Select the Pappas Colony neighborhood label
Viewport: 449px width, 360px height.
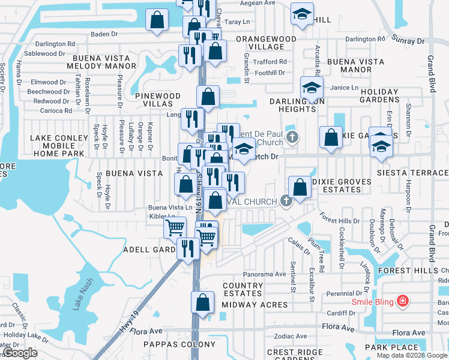click(x=179, y=344)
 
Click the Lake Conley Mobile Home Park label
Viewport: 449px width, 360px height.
click(x=58, y=146)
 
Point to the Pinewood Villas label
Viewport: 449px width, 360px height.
click(x=158, y=100)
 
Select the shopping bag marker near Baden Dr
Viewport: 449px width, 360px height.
click(x=157, y=19)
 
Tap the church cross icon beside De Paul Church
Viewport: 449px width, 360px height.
click(x=292, y=137)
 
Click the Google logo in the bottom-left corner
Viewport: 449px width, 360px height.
click(x=19, y=353)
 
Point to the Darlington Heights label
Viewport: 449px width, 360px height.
click(x=297, y=105)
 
